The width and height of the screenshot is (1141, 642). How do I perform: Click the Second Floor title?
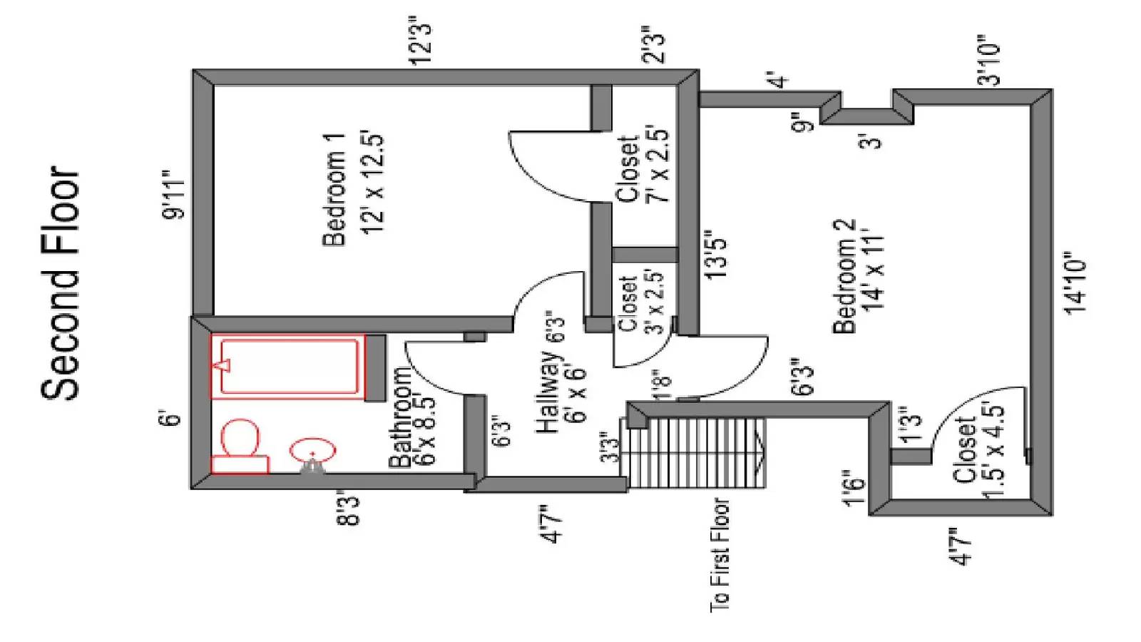click(x=61, y=282)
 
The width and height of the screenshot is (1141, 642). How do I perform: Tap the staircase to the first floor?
click(x=695, y=453)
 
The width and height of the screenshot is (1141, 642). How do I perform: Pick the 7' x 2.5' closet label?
click(x=642, y=170)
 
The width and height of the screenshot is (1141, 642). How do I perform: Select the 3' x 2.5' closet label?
click(x=640, y=302)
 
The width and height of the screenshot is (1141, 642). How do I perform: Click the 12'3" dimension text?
click(x=421, y=44)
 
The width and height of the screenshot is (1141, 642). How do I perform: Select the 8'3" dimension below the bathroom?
click(x=349, y=507)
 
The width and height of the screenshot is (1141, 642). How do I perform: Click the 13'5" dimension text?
click(x=716, y=254)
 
